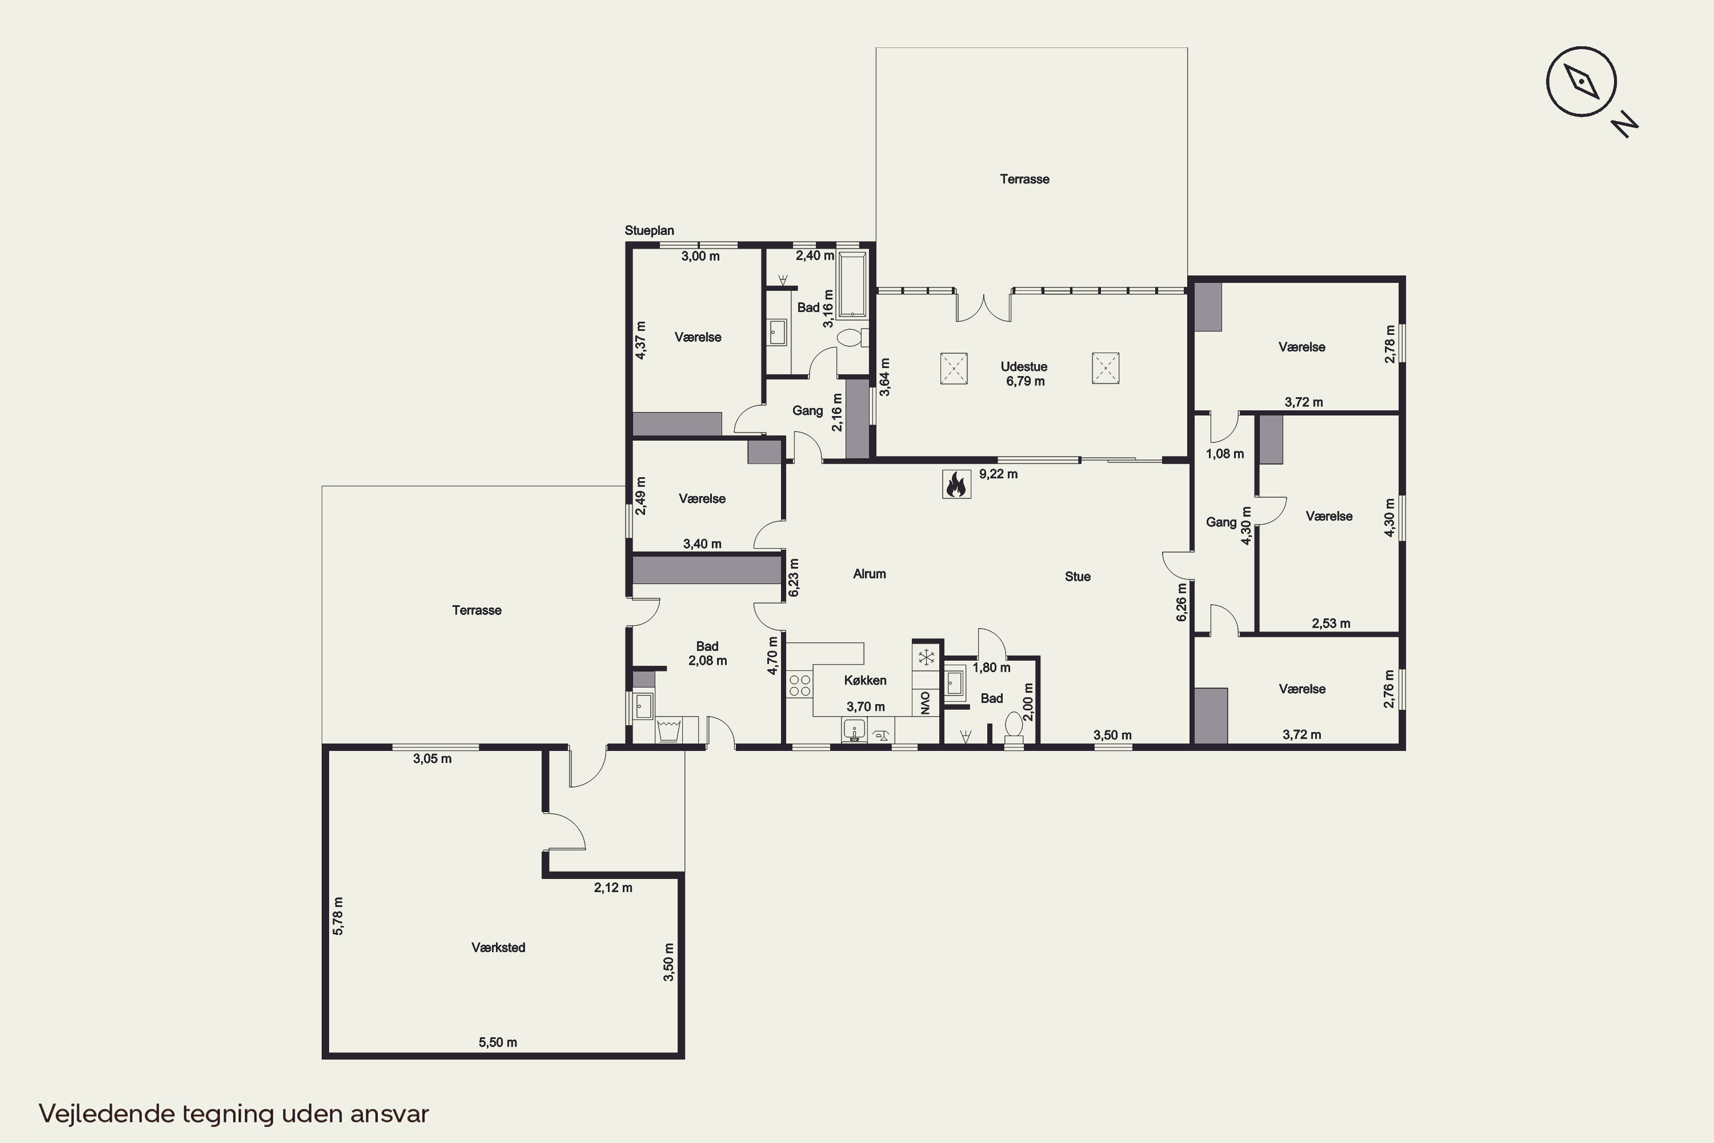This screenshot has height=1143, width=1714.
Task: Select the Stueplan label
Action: [649, 230]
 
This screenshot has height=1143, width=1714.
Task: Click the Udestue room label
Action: [1024, 367]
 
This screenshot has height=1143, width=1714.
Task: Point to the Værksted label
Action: [498, 948]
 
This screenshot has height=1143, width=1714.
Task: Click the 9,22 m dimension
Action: [998, 474]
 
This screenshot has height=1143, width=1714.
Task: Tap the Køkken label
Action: [865, 680]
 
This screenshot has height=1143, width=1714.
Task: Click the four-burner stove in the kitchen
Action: [799, 686]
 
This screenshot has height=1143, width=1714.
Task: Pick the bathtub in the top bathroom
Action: [851, 285]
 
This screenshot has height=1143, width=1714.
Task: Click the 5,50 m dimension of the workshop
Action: [498, 1042]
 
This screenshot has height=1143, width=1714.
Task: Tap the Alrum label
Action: [870, 574]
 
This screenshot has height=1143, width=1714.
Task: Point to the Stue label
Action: [1078, 577]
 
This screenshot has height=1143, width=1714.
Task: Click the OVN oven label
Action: [926, 703]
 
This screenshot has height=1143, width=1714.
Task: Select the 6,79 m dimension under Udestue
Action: [1026, 381]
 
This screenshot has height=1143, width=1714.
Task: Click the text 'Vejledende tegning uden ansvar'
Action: [234, 1114]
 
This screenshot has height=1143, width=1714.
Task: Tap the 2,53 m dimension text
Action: [1331, 624]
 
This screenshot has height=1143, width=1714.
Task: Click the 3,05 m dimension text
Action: [432, 759]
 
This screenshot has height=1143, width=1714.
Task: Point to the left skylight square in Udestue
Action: [954, 368]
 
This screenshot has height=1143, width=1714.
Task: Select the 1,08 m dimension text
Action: [1225, 453]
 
